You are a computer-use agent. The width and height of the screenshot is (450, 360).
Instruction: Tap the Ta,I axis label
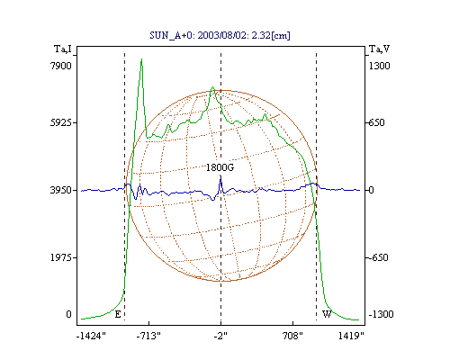coord(63,49)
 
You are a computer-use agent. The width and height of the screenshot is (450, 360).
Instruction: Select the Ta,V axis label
coord(379,49)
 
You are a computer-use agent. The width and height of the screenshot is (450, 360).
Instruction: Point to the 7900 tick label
coord(61,66)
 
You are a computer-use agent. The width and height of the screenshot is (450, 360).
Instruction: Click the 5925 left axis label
coord(61,122)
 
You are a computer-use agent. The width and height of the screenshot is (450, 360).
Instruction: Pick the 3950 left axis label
coord(61,190)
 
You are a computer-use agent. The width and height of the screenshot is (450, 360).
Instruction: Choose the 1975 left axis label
coord(61,257)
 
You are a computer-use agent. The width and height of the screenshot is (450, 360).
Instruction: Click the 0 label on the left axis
coord(68,314)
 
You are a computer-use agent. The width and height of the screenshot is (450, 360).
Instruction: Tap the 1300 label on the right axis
coord(379,66)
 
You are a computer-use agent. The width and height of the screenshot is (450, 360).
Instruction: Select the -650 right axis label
coord(379,257)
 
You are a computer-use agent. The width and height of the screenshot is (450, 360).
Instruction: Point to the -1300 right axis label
coord(381,314)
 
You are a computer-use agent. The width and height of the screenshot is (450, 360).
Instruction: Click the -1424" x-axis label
coord(91,336)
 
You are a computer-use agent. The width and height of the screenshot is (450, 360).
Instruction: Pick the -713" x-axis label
coord(148,336)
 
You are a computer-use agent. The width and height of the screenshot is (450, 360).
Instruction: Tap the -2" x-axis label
coord(220,336)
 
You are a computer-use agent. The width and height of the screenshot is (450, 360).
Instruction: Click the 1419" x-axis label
coord(351,336)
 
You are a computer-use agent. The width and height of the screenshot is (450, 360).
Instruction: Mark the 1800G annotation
coord(220,167)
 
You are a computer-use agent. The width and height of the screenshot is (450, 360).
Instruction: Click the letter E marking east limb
coord(118,314)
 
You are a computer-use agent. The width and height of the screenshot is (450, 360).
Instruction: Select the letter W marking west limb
coord(327,314)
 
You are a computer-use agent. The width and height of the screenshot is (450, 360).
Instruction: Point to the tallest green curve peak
coord(141,59)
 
